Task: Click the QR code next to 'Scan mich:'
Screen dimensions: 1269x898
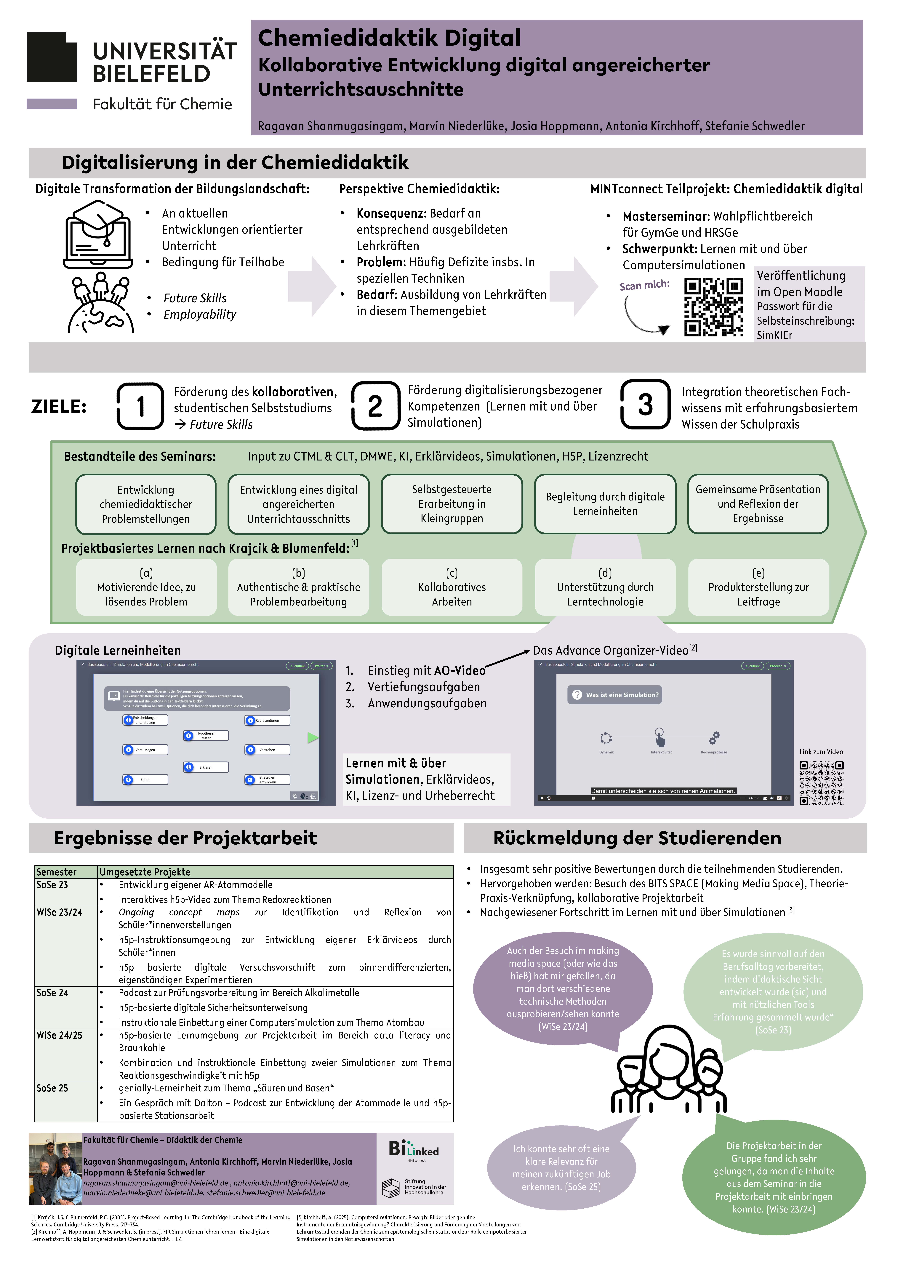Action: click(x=713, y=307)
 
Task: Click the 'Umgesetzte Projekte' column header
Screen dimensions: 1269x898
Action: click(x=145, y=872)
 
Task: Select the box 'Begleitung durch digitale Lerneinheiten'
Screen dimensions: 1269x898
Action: click(x=605, y=503)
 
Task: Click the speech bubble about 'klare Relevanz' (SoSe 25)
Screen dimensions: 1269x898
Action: click(x=561, y=1168)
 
